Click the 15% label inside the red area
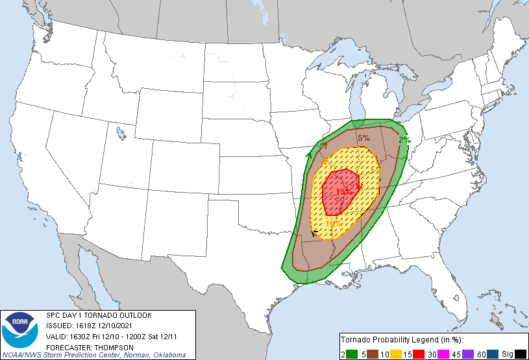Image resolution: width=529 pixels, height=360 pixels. point(343,192)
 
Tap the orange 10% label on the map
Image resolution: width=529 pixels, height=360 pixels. point(334,224)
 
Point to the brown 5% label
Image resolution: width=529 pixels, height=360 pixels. point(363,138)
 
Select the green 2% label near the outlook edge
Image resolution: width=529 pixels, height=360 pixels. point(404,139)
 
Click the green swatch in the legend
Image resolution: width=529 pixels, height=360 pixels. point(354,353)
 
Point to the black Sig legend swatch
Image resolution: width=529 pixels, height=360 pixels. point(520,353)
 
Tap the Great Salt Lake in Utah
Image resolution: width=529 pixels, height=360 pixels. point(121,134)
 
